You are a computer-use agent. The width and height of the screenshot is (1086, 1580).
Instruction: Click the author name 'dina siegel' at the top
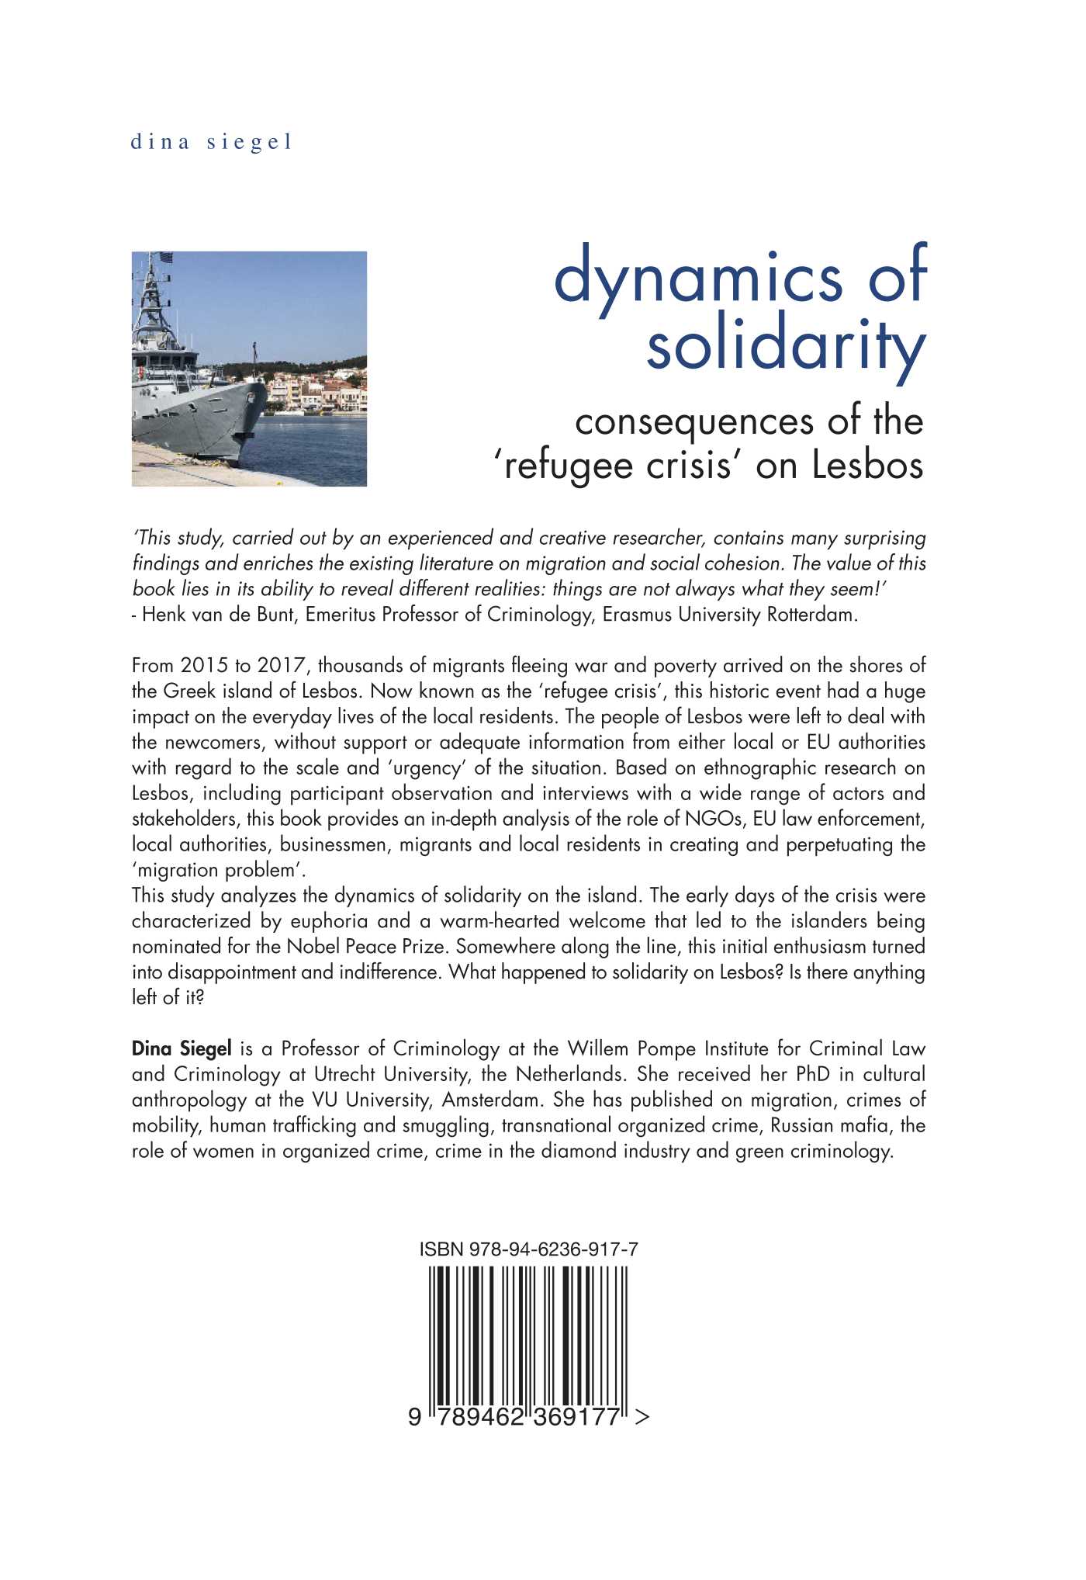tap(211, 142)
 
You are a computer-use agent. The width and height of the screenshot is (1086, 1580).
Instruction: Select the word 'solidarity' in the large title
tap(786, 348)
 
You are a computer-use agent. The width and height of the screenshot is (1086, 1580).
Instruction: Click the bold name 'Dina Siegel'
tap(182, 1049)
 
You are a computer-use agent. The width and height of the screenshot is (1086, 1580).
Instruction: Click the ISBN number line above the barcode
tap(528, 1250)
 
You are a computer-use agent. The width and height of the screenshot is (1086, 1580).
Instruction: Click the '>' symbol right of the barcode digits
tap(642, 1418)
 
